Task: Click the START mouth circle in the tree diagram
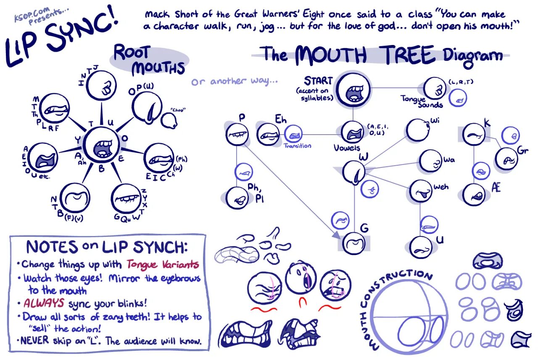353,89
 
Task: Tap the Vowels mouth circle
352,132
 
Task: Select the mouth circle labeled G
353,243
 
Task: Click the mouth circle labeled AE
474,194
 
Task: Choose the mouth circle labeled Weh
421,191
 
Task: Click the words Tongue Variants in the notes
163,264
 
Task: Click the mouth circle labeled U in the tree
421,246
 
